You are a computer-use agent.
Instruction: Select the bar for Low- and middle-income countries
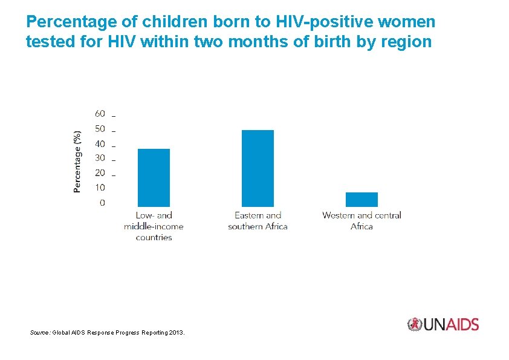pos(154,178)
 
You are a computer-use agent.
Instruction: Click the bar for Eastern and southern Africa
pos(258,168)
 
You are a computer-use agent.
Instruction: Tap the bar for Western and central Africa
pos(361,200)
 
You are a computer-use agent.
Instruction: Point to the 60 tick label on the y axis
pos(100,114)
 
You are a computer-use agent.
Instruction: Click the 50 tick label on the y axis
pos(100,129)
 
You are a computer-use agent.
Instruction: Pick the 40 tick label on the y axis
pos(100,144)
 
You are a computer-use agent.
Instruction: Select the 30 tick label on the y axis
pos(100,158)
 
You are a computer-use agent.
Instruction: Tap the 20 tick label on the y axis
pos(100,173)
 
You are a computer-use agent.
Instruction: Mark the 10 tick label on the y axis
pos(100,188)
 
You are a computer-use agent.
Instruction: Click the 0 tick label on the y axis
pos(103,203)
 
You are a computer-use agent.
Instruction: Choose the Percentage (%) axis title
pos(77,162)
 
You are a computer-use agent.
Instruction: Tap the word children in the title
pos(175,21)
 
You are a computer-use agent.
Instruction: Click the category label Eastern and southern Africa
pos(258,221)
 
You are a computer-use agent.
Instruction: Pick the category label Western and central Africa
pos(361,221)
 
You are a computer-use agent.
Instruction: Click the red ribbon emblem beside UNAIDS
pos(415,324)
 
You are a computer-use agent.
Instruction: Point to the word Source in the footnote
pos(39,333)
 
